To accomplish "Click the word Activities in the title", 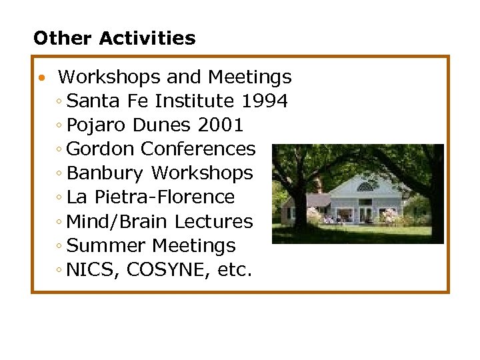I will (147, 38).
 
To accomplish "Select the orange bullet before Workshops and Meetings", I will (41, 78).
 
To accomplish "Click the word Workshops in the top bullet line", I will (110, 77).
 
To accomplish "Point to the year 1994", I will (265, 101).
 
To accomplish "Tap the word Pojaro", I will (97, 125).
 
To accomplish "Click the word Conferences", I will (199, 149).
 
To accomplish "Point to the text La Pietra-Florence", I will (151, 197).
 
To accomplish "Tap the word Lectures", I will (219, 221).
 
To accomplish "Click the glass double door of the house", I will (366, 215).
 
